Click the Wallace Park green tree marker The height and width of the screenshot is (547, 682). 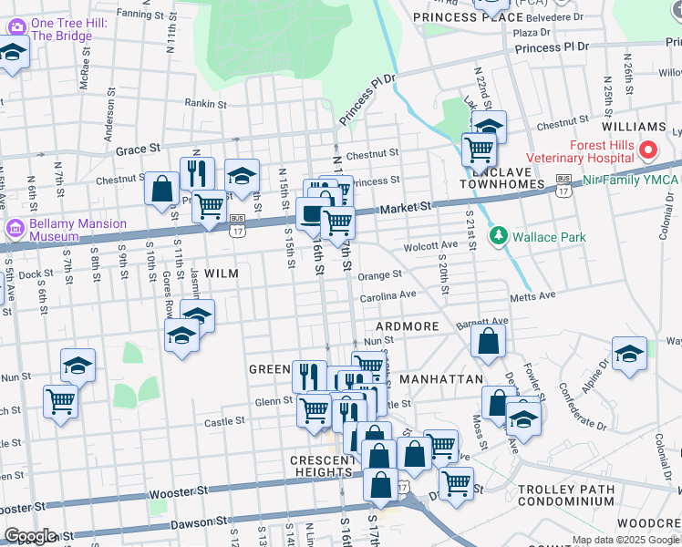pos(498,237)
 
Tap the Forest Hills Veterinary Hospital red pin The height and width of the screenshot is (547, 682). pos(647,149)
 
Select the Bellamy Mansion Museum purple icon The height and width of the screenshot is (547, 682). pos(14,227)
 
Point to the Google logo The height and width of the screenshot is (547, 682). pos(29,536)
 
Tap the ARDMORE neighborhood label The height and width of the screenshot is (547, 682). pos(407,326)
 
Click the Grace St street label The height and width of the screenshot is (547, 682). pos(138,148)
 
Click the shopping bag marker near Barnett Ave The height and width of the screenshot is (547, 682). pos(489,342)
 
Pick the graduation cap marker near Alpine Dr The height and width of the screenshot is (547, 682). pos(629,354)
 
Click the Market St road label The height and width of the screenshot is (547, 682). pos(405,209)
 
